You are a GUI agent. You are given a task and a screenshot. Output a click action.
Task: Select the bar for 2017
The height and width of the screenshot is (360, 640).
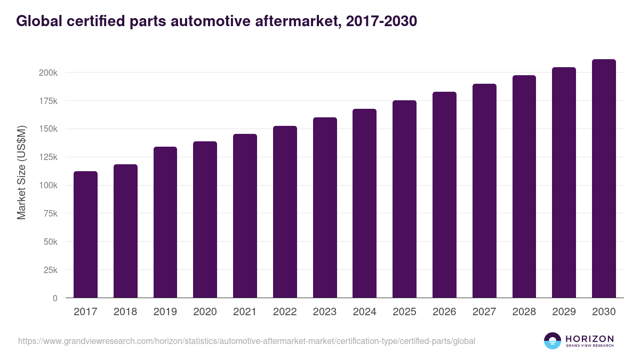click(x=85, y=235)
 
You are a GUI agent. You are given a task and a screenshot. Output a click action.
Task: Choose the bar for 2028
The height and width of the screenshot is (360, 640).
click(x=524, y=187)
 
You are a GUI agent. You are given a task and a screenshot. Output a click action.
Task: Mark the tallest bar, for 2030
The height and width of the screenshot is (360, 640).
click(x=604, y=179)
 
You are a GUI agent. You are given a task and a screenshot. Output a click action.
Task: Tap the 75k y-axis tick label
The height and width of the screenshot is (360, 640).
click(x=50, y=214)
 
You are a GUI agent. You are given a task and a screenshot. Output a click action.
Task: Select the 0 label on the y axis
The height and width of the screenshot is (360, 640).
click(x=55, y=298)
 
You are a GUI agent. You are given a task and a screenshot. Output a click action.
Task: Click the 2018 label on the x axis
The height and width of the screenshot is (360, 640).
click(x=125, y=312)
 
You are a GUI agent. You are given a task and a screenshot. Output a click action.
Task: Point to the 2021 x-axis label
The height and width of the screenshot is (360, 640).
click(x=245, y=312)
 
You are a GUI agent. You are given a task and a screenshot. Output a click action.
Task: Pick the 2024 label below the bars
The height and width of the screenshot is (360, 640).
click(x=364, y=312)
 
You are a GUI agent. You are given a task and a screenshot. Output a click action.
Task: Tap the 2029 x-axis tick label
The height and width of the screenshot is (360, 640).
click(x=564, y=312)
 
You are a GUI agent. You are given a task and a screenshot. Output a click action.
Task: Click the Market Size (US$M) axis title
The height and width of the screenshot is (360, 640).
click(x=21, y=172)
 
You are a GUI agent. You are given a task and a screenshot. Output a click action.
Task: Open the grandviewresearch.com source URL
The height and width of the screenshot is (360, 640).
click(x=246, y=341)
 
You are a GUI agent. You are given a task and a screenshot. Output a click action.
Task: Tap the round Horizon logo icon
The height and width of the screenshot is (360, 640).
click(x=553, y=341)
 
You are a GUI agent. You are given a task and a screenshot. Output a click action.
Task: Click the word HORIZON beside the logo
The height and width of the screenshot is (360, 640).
click(x=589, y=338)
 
